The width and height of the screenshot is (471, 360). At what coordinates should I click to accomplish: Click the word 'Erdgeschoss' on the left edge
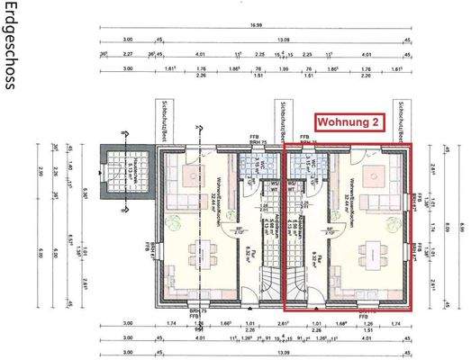[x=10, y=46]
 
